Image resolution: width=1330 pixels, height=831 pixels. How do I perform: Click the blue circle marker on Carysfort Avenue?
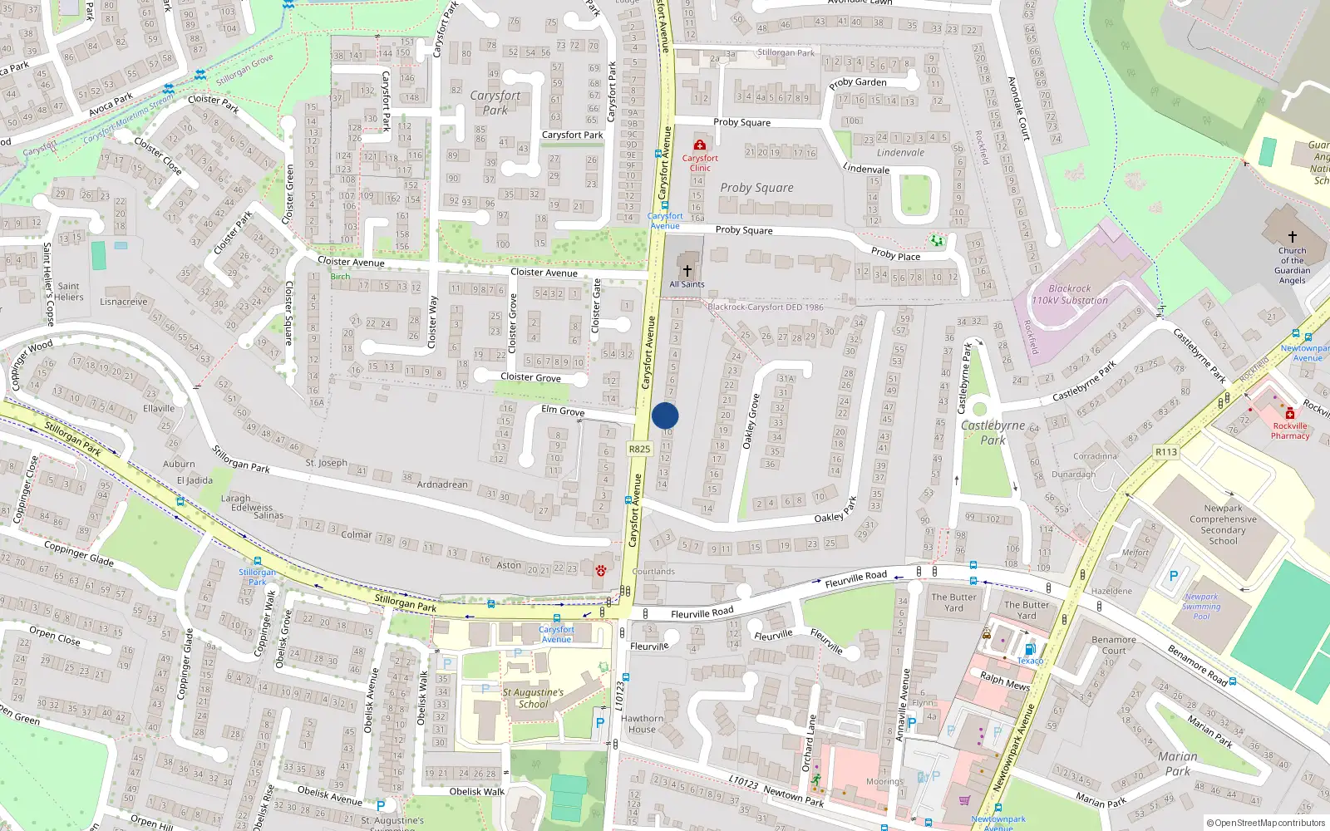point(665,416)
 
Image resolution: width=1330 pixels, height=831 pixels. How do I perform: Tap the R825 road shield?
point(639,449)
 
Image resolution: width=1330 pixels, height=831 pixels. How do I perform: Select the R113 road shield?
point(1166,452)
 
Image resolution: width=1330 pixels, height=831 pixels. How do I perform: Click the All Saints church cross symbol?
point(687,271)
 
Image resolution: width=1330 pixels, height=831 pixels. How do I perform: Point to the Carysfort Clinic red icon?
point(700,145)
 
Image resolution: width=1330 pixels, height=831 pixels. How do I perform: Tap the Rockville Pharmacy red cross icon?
point(1290,414)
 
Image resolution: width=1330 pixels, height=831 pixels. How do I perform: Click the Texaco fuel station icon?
point(1030,649)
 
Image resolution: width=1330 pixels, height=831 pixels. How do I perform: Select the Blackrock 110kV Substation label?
point(1070,294)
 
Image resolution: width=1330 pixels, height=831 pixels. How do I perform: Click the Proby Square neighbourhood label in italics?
point(756,188)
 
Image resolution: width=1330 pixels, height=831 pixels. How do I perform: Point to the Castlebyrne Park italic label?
point(993,432)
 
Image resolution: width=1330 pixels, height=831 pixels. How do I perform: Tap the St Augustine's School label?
point(533,698)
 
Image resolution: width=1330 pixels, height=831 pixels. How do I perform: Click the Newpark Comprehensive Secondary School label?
point(1223,524)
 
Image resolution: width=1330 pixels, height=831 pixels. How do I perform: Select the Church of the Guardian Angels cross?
point(1292,237)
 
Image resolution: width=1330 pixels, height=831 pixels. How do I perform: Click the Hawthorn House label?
point(642,724)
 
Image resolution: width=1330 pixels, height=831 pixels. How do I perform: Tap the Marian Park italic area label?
point(1178,764)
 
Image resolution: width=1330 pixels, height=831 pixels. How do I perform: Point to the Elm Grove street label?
point(563,411)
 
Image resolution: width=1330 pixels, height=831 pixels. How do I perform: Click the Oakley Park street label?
point(835,514)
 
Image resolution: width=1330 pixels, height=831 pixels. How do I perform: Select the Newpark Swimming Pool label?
point(1201,607)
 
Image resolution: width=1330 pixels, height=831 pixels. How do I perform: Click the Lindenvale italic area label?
point(900,153)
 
